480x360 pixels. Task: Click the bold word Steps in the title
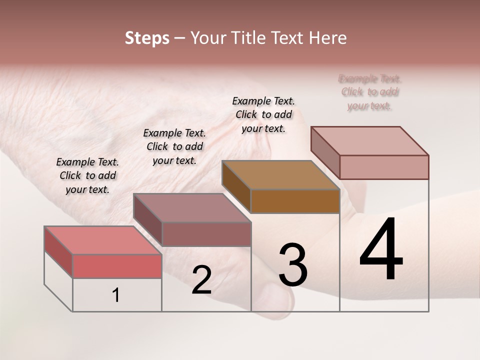pos(146,38)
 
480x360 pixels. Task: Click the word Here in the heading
pos(327,38)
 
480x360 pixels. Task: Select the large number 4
pos(381,250)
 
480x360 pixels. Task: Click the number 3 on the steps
pos(292,265)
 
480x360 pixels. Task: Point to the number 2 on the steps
pos(201,280)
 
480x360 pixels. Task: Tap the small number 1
pos(115,295)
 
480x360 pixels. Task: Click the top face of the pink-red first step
pos(102,240)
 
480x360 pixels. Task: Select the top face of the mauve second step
pos(191,207)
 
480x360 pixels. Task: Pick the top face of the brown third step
pos(280,175)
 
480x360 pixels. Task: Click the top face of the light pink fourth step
pos(369,141)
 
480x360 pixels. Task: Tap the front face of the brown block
pos(295,201)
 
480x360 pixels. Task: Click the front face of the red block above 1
pos(117,266)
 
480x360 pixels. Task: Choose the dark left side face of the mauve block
pos(148,220)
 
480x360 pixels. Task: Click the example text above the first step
pos(87,175)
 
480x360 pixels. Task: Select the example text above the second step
pos(174,146)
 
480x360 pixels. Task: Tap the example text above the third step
pos(263,114)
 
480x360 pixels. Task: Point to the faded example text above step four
pos(370,92)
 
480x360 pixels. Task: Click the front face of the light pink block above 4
pos(384,167)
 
